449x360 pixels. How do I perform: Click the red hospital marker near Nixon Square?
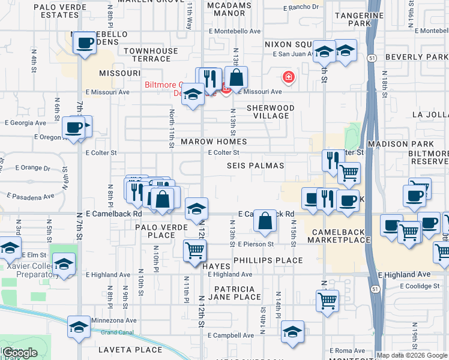pos(289,77)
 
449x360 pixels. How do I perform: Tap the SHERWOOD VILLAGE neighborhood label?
pos(271,112)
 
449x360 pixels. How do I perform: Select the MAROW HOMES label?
pos(214,142)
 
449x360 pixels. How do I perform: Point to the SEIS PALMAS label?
pos(256,165)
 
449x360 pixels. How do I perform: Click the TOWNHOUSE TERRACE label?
pos(147,55)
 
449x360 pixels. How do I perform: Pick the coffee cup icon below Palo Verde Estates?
pos(85,43)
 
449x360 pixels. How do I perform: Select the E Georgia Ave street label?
pos(25,122)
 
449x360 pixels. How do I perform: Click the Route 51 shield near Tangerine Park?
pos(372,58)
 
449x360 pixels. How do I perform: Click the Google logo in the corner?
pos(20,353)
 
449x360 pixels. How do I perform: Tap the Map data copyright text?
pos(412,355)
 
